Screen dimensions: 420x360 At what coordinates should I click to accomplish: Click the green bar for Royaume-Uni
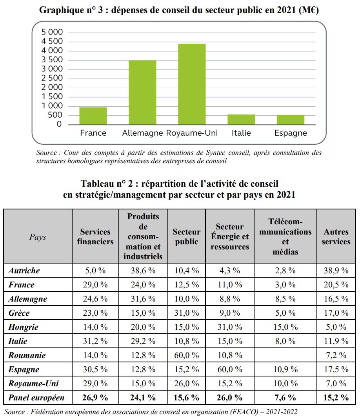click(x=192, y=84)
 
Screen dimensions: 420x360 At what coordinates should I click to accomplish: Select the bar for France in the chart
click(x=93, y=116)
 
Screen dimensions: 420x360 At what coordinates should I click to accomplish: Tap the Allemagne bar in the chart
click(x=142, y=93)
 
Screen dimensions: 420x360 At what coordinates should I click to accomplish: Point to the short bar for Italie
click(x=241, y=120)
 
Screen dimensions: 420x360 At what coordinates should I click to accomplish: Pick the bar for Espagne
click(x=291, y=120)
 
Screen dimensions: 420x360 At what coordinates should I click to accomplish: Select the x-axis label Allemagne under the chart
click(x=142, y=133)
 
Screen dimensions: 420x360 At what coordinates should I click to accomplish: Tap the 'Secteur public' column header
click(x=186, y=237)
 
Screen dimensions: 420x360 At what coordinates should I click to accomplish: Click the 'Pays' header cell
click(x=38, y=237)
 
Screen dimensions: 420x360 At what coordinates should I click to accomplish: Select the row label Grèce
click(x=19, y=313)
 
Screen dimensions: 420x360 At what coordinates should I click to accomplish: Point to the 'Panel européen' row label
click(x=36, y=398)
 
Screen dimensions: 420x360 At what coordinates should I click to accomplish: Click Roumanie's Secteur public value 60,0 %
click(x=186, y=355)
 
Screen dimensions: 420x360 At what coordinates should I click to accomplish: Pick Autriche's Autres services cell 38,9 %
click(x=336, y=271)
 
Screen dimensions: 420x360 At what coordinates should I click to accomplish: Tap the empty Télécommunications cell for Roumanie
click(x=285, y=355)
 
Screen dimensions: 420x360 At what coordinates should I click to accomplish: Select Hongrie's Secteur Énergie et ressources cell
click(x=232, y=327)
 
